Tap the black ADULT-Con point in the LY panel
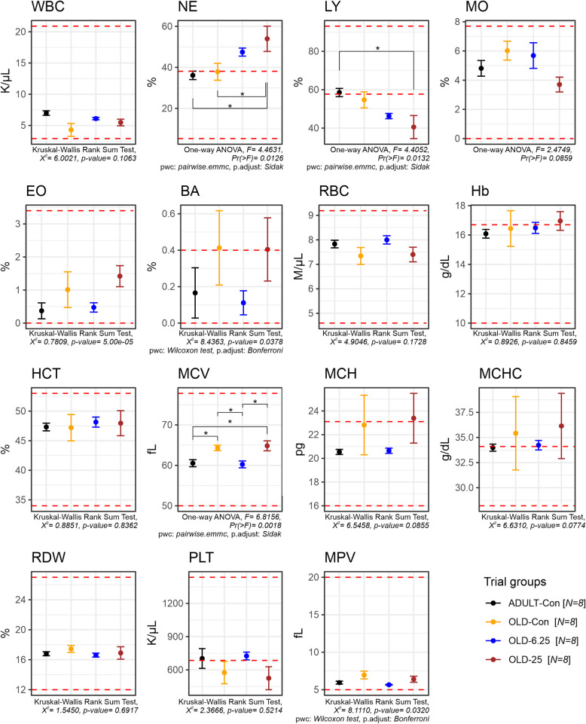[x=339, y=93]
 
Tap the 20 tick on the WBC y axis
[x=23, y=31]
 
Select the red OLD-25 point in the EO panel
[x=267, y=276]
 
